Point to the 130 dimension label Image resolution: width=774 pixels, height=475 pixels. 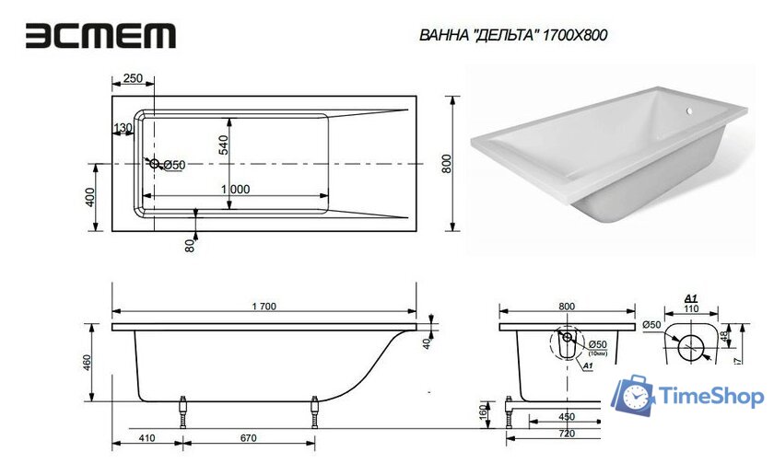[122, 128]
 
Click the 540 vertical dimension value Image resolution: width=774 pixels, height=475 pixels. [222, 145]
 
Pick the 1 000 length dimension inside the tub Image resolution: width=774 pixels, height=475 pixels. [235, 188]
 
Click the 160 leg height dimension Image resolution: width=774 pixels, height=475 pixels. [482, 411]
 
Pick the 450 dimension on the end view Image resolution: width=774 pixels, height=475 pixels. [567, 417]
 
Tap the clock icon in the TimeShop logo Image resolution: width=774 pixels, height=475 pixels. [637, 397]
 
